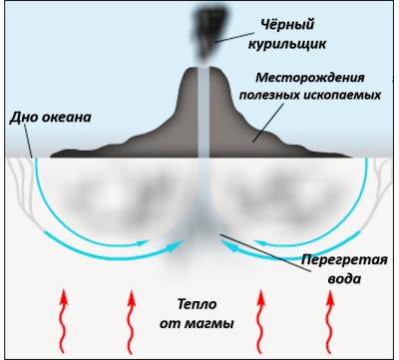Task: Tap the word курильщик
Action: tap(288, 45)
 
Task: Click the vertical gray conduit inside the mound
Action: tap(203, 120)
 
